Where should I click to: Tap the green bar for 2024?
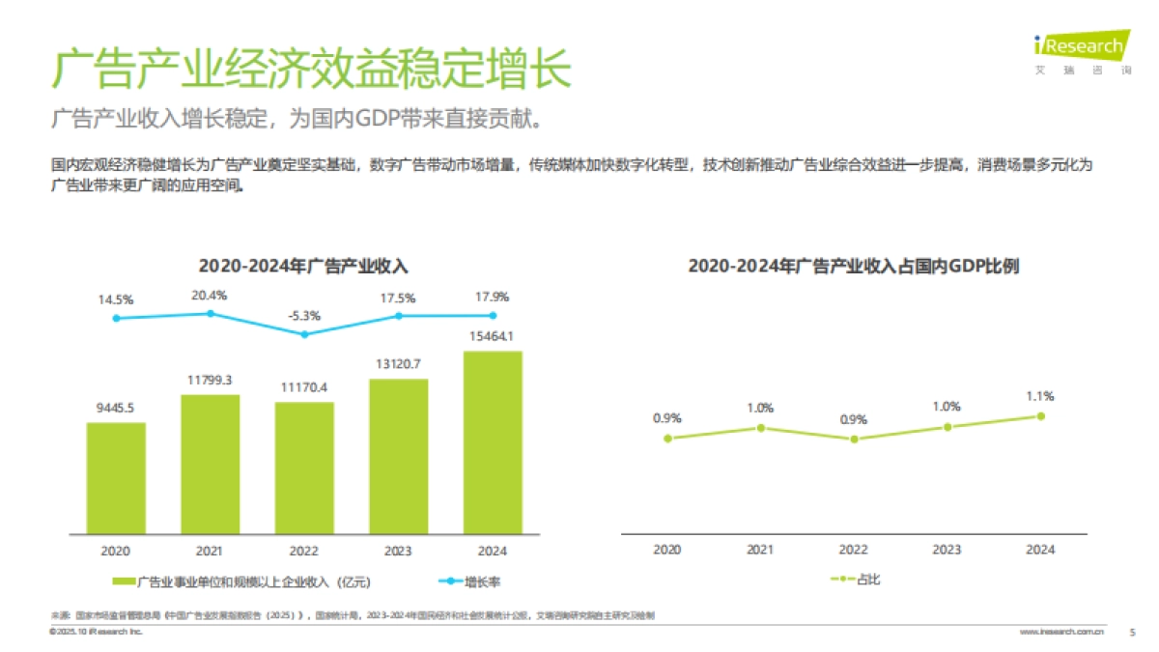pos(493,441)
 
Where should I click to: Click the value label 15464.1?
pos(493,336)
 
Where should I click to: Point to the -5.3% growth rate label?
pos(304,315)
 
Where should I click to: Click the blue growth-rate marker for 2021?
pos(211,313)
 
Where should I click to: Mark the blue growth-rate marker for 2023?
pos(398,316)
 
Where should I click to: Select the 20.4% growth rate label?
pos(210,295)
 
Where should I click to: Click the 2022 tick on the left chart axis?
pos(304,551)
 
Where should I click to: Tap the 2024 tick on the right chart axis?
pos(1040,550)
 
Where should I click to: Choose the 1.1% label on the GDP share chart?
pos(1040,396)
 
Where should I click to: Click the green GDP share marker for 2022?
pos(853,439)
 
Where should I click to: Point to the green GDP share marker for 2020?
pos(666,438)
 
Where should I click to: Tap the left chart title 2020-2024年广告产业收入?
pos(303,266)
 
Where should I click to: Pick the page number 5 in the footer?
pos(1132,632)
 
